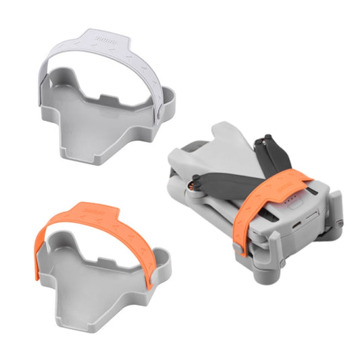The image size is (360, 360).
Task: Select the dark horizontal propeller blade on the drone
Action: [x=223, y=179]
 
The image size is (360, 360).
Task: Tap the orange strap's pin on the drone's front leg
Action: [x=238, y=251]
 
